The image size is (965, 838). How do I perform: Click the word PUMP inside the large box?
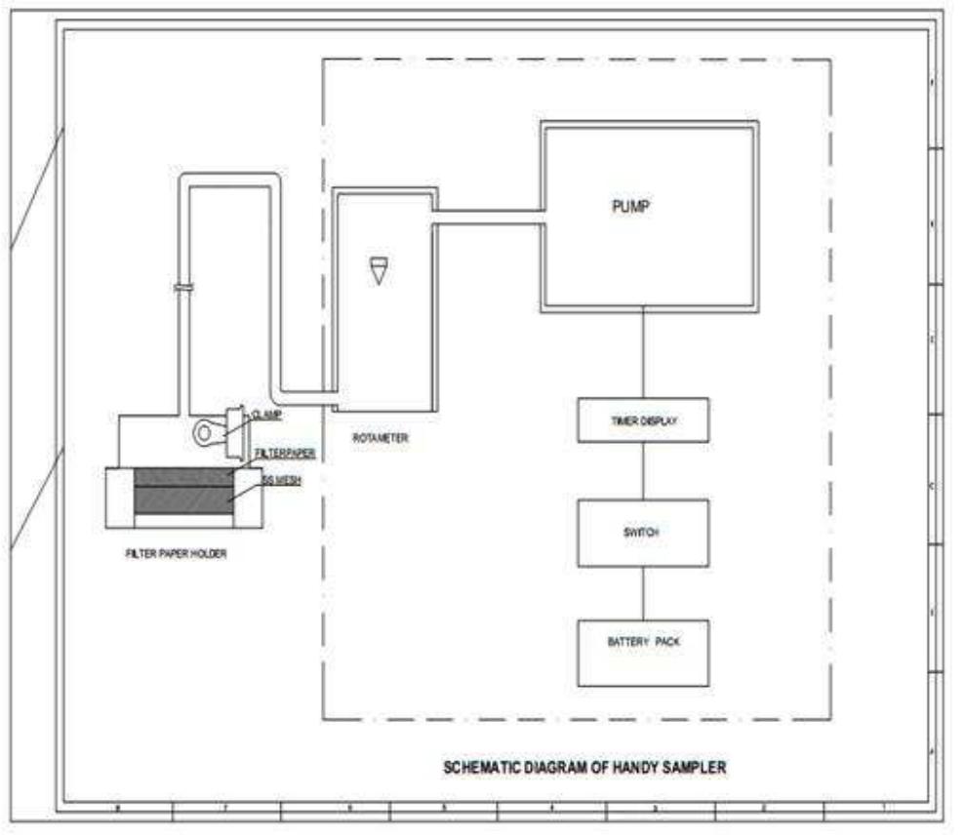630,207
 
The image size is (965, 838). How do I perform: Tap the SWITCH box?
642,533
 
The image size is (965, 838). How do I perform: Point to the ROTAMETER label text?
381,439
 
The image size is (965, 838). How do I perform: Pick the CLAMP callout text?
266,415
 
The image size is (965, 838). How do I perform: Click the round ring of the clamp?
205,430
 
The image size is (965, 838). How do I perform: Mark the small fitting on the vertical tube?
181,287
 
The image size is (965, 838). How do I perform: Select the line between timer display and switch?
642,470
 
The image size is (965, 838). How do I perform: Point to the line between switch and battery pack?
642,593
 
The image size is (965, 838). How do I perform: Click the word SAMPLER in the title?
694,768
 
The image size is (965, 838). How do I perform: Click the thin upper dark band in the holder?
182,477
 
